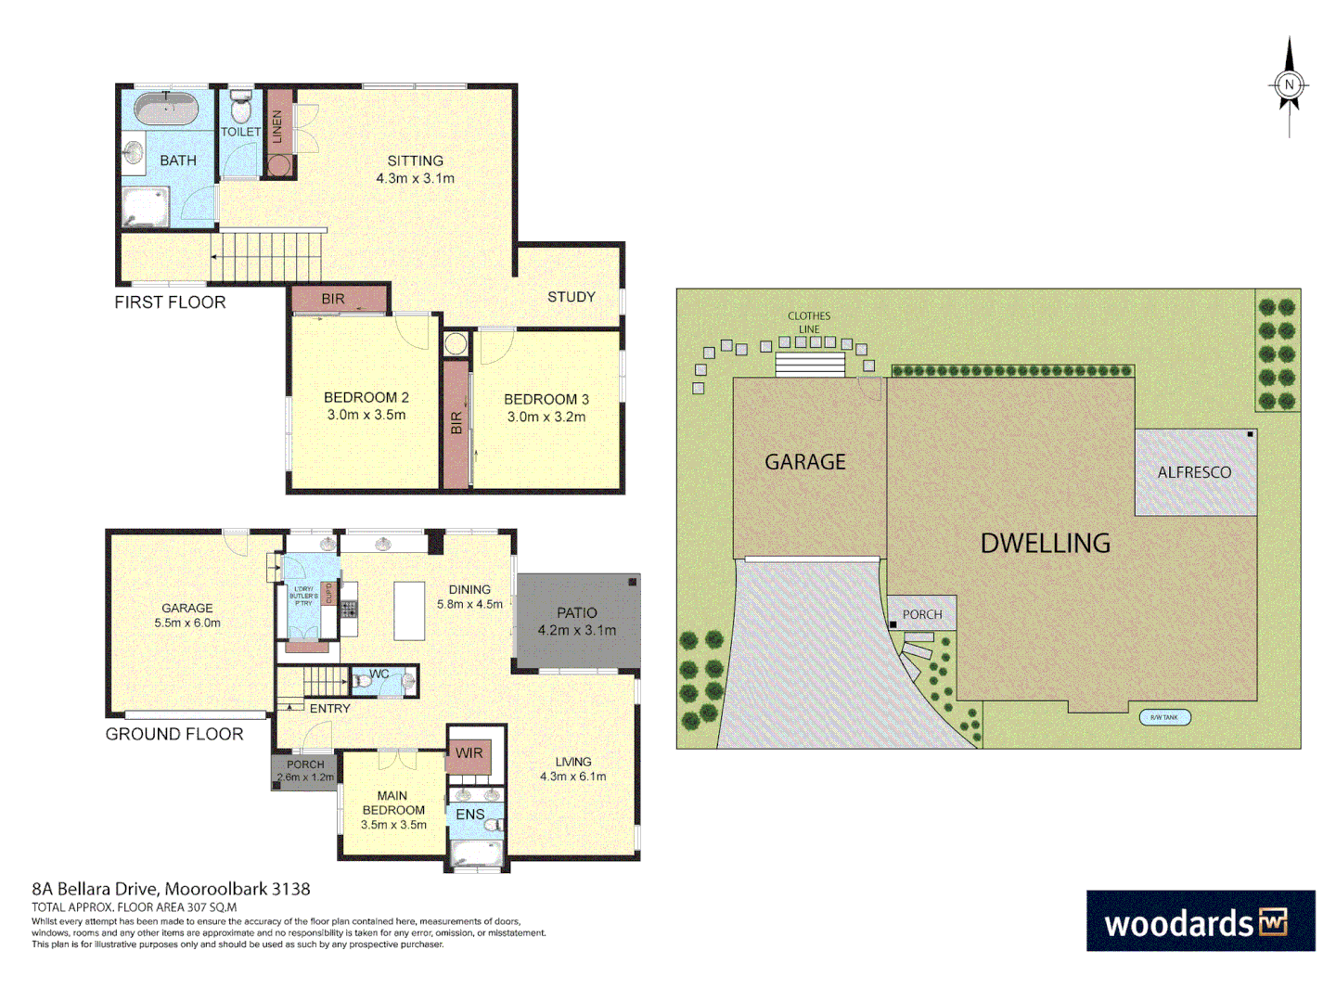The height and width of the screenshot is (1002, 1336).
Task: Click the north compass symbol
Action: [x=1289, y=86]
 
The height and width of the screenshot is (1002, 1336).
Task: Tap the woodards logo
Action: [x=1200, y=921]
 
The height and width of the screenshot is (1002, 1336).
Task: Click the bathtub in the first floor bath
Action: [x=166, y=109]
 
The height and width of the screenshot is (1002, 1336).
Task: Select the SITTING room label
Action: [x=415, y=161]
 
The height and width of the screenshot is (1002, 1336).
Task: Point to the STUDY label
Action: [x=571, y=297]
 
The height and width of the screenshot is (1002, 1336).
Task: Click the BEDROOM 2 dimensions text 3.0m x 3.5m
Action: [x=366, y=415]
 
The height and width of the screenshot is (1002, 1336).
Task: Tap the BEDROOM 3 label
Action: [x=546, y=399]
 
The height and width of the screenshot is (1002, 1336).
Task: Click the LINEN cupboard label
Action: [x=276, y=126]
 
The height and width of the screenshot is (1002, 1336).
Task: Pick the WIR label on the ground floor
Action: [x=469, y=753]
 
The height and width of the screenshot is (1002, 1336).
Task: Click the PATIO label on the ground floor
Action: [x=576, y=612]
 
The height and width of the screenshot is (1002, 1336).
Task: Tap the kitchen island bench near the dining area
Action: [x=409, y=610]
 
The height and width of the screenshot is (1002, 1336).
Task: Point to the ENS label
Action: [x=469, y=815]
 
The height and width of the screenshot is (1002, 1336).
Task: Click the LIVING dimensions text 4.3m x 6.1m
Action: [x=572, y=777]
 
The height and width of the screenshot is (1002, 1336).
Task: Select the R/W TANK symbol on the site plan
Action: [x=1164, y=717]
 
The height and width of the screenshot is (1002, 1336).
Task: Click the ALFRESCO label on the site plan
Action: [x=1194, y=472]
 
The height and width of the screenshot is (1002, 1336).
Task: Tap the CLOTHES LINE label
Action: [x=809, y=322]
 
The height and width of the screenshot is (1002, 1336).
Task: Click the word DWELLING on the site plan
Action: [x=1045, y=543]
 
